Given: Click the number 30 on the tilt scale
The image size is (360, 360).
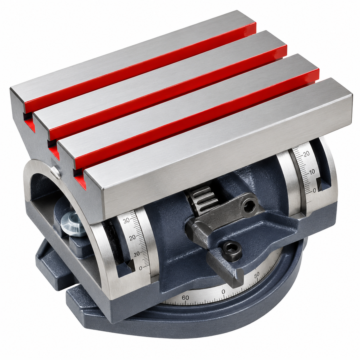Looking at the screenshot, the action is (127, 220).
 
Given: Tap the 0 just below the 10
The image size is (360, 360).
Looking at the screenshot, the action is (314, 190).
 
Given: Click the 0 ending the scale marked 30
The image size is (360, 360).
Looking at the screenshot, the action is (140, 268).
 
